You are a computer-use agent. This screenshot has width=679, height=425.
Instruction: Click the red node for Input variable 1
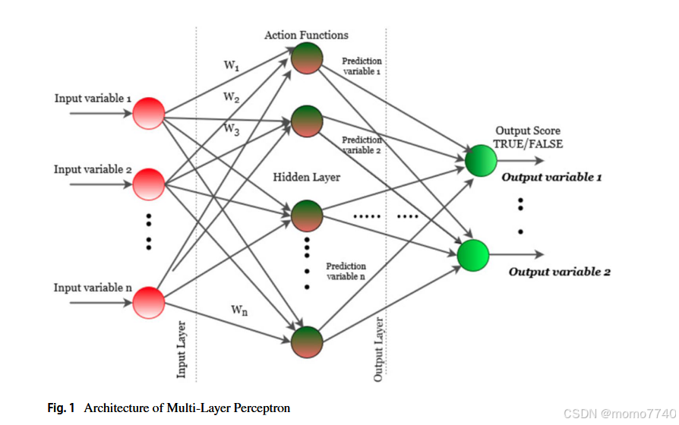[149, 114]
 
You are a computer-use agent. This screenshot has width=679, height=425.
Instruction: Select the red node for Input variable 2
[149, 184]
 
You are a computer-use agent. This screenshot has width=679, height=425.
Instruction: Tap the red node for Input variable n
[149, 302]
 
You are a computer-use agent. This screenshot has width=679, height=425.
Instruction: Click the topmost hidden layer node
[307, 59]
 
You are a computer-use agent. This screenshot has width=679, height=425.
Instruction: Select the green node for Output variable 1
[480, 160]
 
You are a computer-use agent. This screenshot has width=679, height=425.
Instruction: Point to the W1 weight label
[232, 66]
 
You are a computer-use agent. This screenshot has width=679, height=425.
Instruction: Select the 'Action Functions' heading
[306, 35]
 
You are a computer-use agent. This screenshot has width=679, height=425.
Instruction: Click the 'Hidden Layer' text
[307, 177]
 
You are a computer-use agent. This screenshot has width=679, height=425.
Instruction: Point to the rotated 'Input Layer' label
[182, 348]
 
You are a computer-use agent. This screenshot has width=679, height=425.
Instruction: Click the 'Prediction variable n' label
[346, 271]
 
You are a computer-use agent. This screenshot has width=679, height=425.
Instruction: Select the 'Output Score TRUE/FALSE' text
[528, 137]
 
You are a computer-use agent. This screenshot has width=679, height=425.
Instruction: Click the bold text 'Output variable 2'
[559, 272]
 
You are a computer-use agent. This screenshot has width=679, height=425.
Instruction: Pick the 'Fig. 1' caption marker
[61, 408]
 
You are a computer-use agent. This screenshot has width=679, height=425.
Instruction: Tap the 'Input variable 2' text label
[88, 169]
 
